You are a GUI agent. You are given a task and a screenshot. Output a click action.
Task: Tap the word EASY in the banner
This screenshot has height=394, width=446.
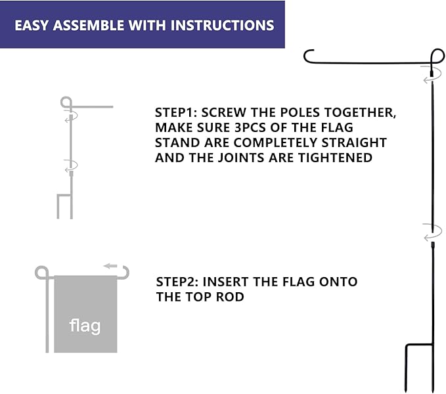click(x=33, y=26)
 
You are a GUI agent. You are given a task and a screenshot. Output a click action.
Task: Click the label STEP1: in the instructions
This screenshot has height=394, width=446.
click(x=177, y=112)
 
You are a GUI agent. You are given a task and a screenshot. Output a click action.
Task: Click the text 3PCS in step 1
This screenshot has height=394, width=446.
click(x=250, y=127)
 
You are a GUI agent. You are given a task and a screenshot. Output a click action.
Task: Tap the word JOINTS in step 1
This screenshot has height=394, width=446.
click(x=267, y=158)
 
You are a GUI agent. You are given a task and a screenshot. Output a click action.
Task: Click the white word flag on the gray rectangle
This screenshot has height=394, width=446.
click(x=85, y=325)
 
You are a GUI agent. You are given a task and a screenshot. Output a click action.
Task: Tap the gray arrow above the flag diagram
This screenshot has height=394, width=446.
click(x=110, y=266)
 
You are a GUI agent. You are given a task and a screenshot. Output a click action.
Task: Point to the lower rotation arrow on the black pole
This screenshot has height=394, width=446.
click(x=432, y=232)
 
